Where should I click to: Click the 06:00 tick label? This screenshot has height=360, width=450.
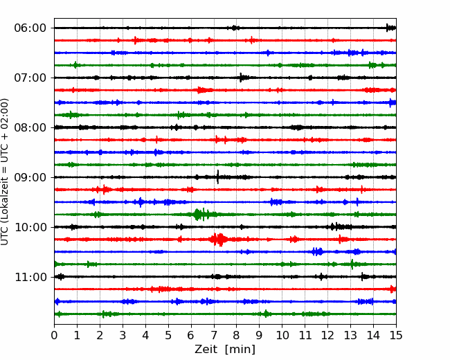click(30, 28)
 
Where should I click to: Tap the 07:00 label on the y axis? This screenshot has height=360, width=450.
click(30, 78)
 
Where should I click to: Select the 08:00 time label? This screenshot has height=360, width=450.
click(30, 128)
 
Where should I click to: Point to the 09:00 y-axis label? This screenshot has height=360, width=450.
click(30, 177)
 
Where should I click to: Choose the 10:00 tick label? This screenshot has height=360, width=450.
click(30, 227)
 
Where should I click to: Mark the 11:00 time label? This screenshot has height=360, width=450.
click(30, 278)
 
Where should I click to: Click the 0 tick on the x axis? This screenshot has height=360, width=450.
click(54, 335)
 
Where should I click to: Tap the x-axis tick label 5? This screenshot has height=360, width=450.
click(168, 335)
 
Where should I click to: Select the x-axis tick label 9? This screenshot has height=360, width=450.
click(260, 335)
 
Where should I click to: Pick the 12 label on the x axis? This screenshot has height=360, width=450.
click(327, 335)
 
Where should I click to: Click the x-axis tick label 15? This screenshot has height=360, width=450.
click(396, 335)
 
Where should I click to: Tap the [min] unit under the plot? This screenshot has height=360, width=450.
click(240, 350)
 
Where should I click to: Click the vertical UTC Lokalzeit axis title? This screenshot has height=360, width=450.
click(5, 172)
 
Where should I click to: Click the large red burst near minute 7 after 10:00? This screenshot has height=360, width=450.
click(219, 240)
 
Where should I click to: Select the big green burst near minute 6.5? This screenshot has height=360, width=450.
click(201, 214)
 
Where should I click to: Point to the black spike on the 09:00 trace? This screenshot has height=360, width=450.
click(218, 177)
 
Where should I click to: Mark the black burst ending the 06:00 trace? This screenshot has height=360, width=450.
click(391, 28)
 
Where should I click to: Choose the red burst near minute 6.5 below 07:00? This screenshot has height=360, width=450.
click(203, 90)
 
